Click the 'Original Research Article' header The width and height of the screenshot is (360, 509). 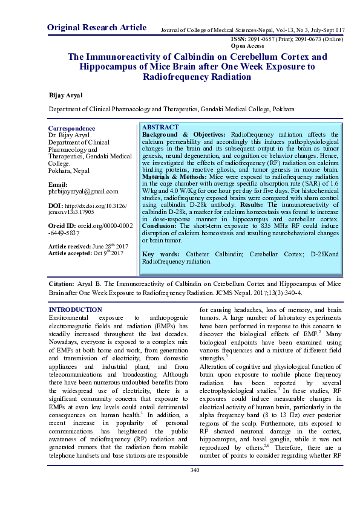click(x=96, y=27)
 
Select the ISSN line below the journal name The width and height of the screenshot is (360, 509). click(x=287, y=39)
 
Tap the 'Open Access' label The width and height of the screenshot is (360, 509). click(x=247, y=45)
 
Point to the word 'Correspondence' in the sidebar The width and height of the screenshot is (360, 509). click(x=71, y=128)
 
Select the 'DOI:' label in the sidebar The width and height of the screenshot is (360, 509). click(x=56, y=206)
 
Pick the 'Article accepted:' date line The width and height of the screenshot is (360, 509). click(x=85, y=254)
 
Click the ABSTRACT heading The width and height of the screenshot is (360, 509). click(x=160, y=128)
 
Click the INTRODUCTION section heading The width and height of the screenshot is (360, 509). click(x=74, y=310)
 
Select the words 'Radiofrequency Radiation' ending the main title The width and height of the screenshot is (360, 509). click(x=197, y=77)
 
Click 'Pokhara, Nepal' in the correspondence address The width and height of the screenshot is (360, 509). click(x=69, y=170)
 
